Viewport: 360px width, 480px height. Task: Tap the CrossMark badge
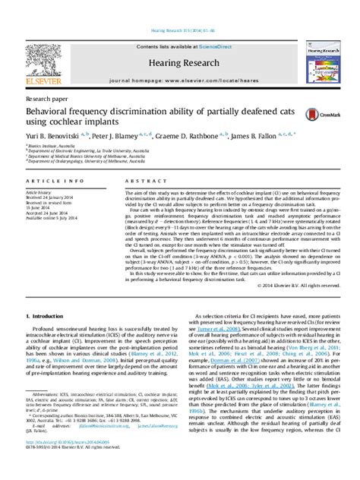tap(318, 115)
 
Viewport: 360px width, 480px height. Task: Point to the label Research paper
tap(46, 98)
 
